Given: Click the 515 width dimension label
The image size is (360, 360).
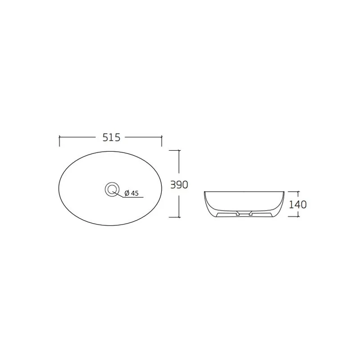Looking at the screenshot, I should (x=111, y=138).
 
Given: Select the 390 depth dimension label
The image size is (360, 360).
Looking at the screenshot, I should (x=179, y=184).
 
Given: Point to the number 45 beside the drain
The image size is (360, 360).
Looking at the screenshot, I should (x=135, y=193).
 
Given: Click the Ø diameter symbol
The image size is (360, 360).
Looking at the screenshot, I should (x=127, y=193).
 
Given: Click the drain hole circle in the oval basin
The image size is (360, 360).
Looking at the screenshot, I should (x=111, y=189).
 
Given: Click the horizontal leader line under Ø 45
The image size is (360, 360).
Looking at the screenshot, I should (x=133, y=197).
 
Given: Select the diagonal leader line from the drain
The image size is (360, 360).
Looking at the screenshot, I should (x=118, y=193).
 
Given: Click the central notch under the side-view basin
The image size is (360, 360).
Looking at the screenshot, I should (x=244, y=211).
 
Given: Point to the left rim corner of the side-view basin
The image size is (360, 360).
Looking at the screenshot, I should (x=205, y=192).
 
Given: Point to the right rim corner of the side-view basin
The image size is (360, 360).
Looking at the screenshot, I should (x=283, y=192).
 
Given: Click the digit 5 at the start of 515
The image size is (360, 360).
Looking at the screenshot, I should (x=105, y=138).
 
